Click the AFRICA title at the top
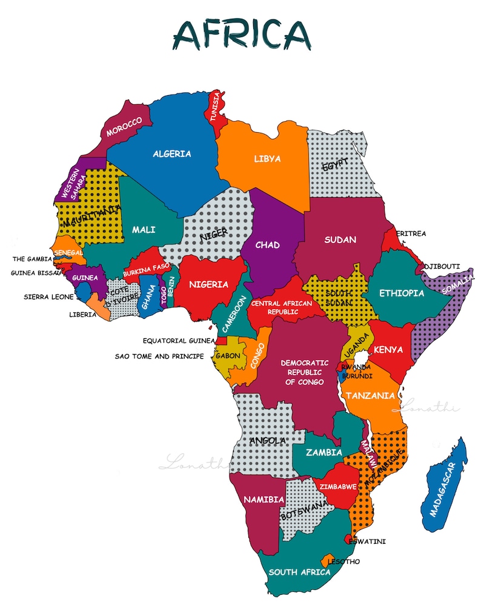point(241,35)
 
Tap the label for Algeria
point(171,154)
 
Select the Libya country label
point(267,159)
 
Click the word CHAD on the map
point(267,245)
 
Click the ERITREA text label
point(411,233)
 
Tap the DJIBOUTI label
point(442,266)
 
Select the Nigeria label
point(208,284)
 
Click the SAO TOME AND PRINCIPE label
point(159,356)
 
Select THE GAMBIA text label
point(33,259)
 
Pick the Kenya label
point(388,350)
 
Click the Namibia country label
point(264,500)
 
